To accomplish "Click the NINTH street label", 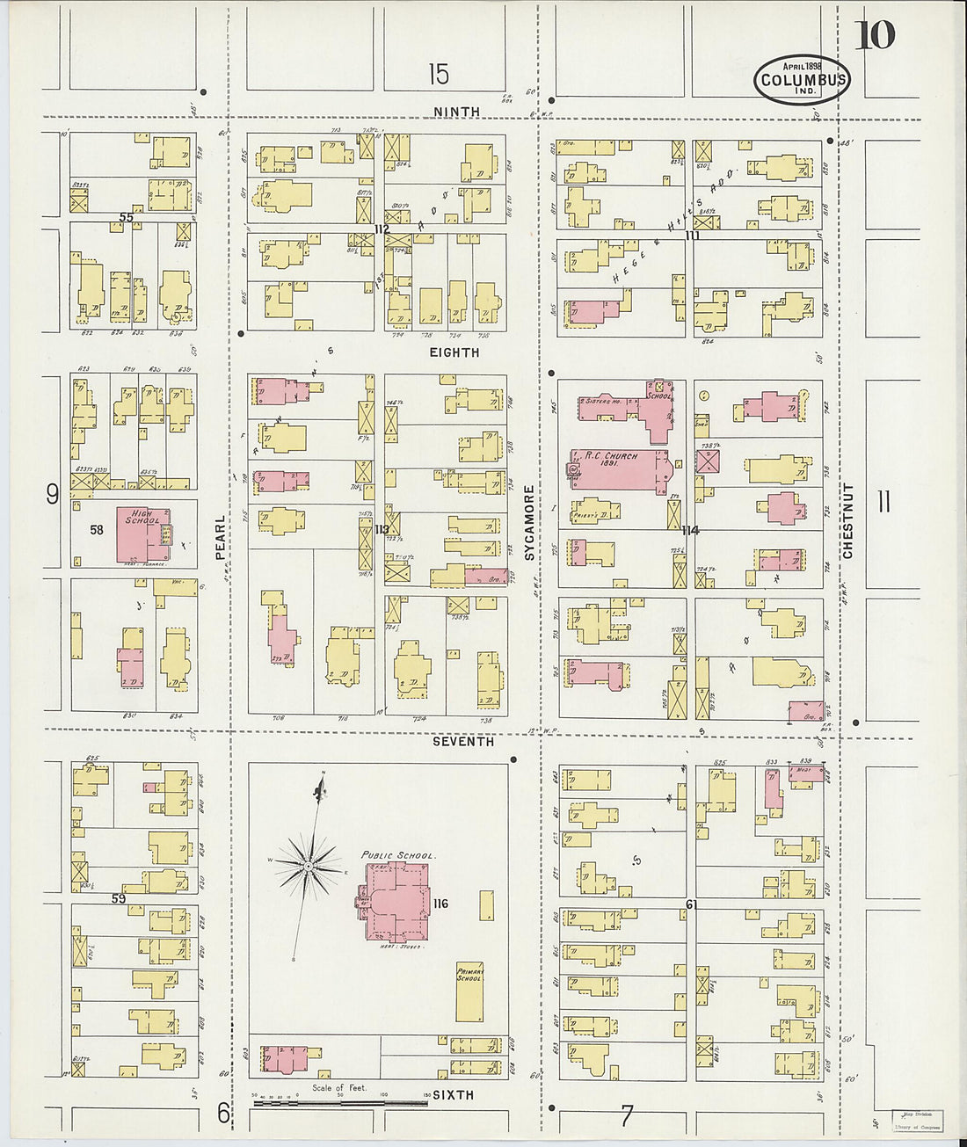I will coord(456,112).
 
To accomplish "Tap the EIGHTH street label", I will coord(454,352).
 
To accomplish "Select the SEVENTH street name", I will coord(463,742).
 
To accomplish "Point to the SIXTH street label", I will coord(454,1095).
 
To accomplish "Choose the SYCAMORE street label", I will coord(529,523).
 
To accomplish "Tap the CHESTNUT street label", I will coord(847,520).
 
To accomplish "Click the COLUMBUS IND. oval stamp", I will coord(802,80).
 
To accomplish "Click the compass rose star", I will coord(309,867).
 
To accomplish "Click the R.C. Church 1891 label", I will coord(607,460).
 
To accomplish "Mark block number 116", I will coord(440,904).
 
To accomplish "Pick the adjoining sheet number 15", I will coord(439,75).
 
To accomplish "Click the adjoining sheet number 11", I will coord(883,502).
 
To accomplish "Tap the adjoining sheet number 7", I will coord(627,1116).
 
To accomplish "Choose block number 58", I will coord(97,530).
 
